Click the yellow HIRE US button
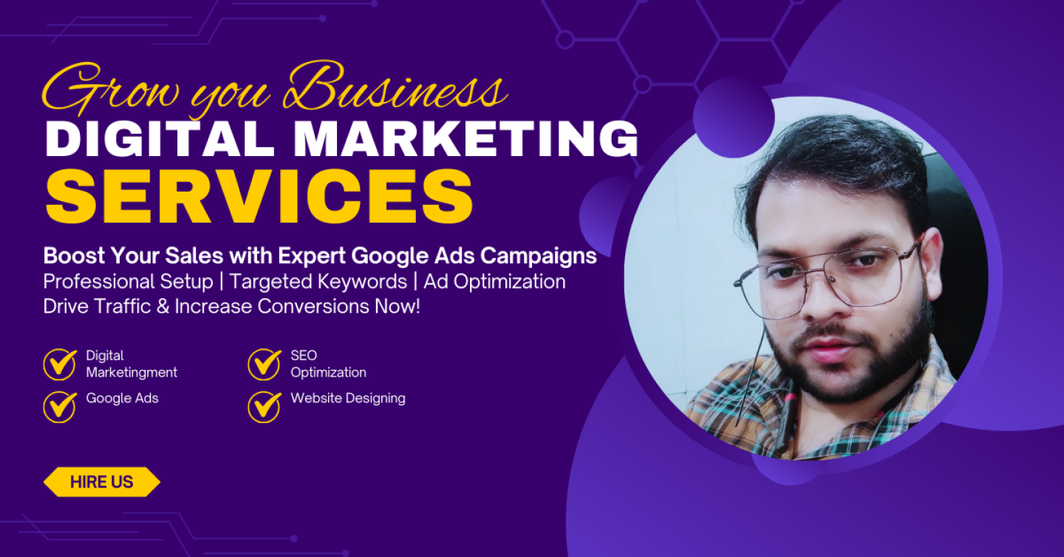point(102,482)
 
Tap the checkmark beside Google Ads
point(60,407)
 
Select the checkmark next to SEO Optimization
point(265,365)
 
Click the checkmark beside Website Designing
point(265,407)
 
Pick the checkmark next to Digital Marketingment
point(60,365)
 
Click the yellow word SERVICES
point(259,196)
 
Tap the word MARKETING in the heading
point(466,138)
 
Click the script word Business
point(395,88)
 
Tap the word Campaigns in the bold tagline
point(538,257)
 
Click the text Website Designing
point(348,399)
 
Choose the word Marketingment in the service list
point(132,372)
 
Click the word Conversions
point(313,307)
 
